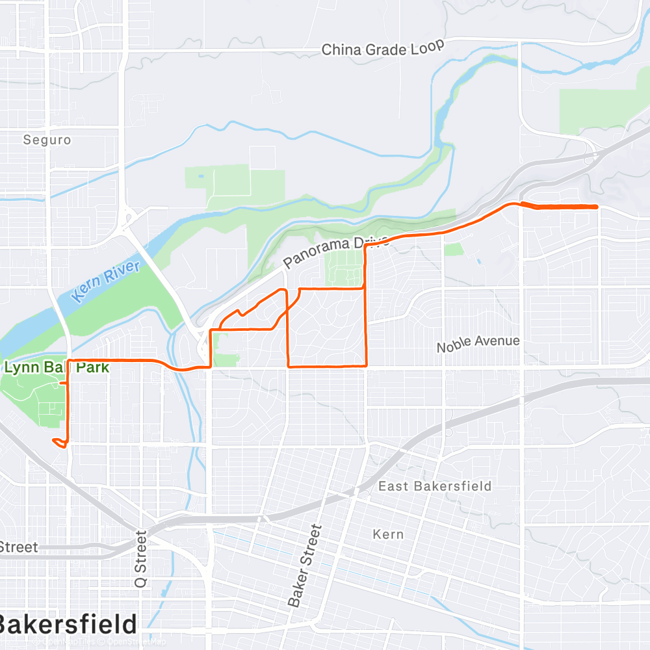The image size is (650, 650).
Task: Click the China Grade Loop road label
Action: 383,48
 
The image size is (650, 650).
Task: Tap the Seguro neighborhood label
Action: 47,140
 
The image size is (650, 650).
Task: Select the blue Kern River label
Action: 107,281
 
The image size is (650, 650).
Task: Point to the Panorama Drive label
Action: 336,253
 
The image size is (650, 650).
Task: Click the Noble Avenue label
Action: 478,344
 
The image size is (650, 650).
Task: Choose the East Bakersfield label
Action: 435,486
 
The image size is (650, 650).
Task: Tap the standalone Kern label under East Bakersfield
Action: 389,534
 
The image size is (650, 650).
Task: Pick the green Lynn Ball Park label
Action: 56,368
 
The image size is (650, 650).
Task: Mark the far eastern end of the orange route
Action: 597,207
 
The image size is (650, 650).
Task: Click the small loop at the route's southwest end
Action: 60,443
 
